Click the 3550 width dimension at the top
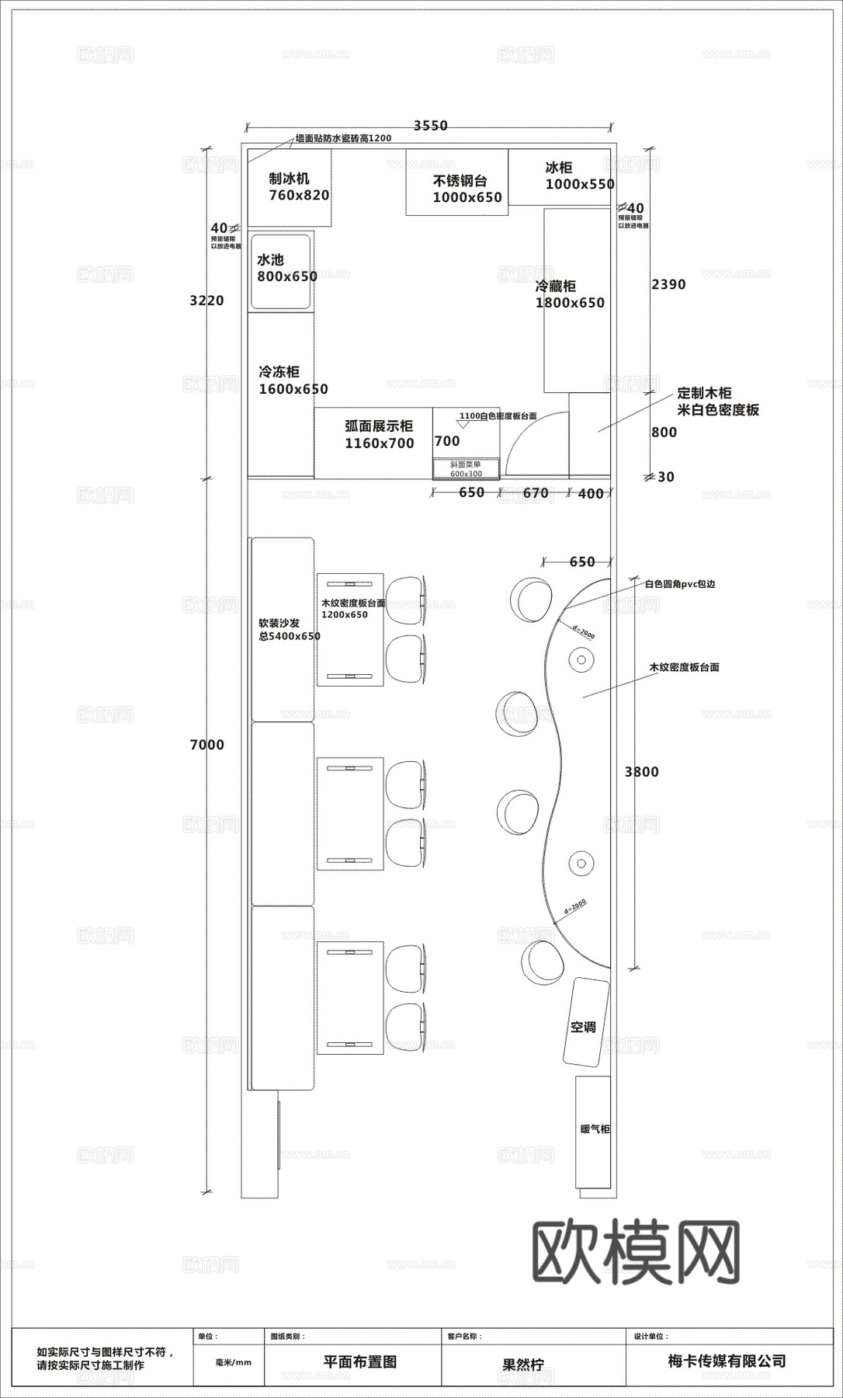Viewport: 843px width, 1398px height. [430, 126]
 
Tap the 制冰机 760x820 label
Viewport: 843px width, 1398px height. [298, 187]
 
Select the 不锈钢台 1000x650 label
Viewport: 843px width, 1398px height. [467, 190]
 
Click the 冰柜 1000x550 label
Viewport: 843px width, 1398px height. [578, 176]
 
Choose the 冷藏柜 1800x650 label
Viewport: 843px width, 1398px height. [570, 294]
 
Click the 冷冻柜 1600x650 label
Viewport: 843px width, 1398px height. [293, 381]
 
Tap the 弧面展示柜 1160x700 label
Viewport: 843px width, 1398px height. [379, 434]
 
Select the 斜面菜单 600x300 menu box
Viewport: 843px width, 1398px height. [466, 469]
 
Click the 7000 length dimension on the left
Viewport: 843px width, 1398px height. [206, 745]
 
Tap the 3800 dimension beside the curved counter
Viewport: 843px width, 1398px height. [641, 771]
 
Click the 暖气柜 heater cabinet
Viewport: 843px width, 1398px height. [593, 1131]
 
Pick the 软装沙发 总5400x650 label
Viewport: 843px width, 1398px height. [289, 629]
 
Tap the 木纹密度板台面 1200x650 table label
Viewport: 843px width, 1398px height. [353, 608]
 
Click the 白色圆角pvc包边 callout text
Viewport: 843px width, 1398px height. [679, 583]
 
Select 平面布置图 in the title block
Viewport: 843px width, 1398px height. [359, 1361]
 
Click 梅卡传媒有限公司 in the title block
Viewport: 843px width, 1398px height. [727, 1361]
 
